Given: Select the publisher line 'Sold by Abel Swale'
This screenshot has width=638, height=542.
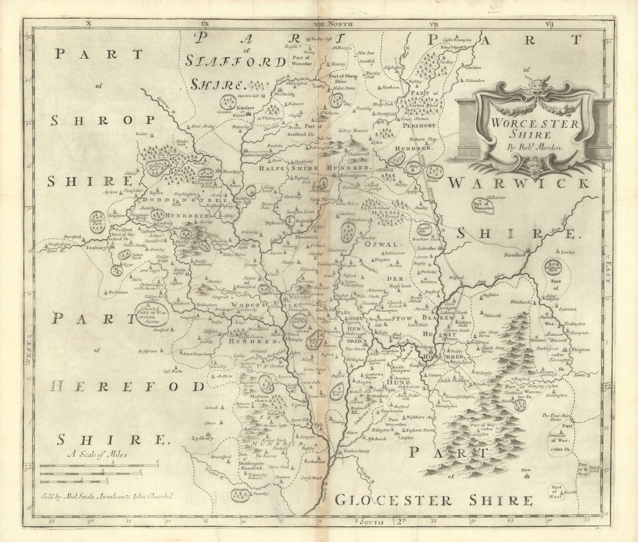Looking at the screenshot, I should pyautogui.click(x=108, y=497).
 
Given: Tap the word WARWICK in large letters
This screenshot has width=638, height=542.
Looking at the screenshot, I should pyautogui.click(x=518, y=184).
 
